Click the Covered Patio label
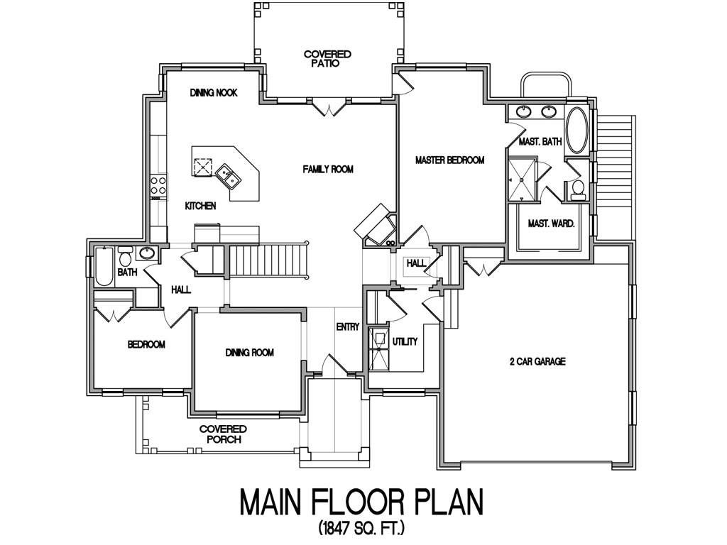pos(327,58)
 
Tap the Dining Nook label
pos(214,93)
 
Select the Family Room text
pos(327,169)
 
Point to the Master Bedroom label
pos(449,160)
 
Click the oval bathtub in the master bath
pos(576,131)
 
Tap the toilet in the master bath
pos(578,189)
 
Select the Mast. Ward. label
pos(551,224)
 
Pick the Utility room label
pos(405,341)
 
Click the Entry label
pos(348,326)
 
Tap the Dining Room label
pos(249,353)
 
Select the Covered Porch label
pos(223,434)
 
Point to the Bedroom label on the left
pos(146,345)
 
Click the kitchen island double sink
pos(228,175)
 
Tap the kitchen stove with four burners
pos(158,186)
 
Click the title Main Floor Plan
pos(361,502)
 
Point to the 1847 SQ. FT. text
pos(361,529)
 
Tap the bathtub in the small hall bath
pos(104,267)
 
